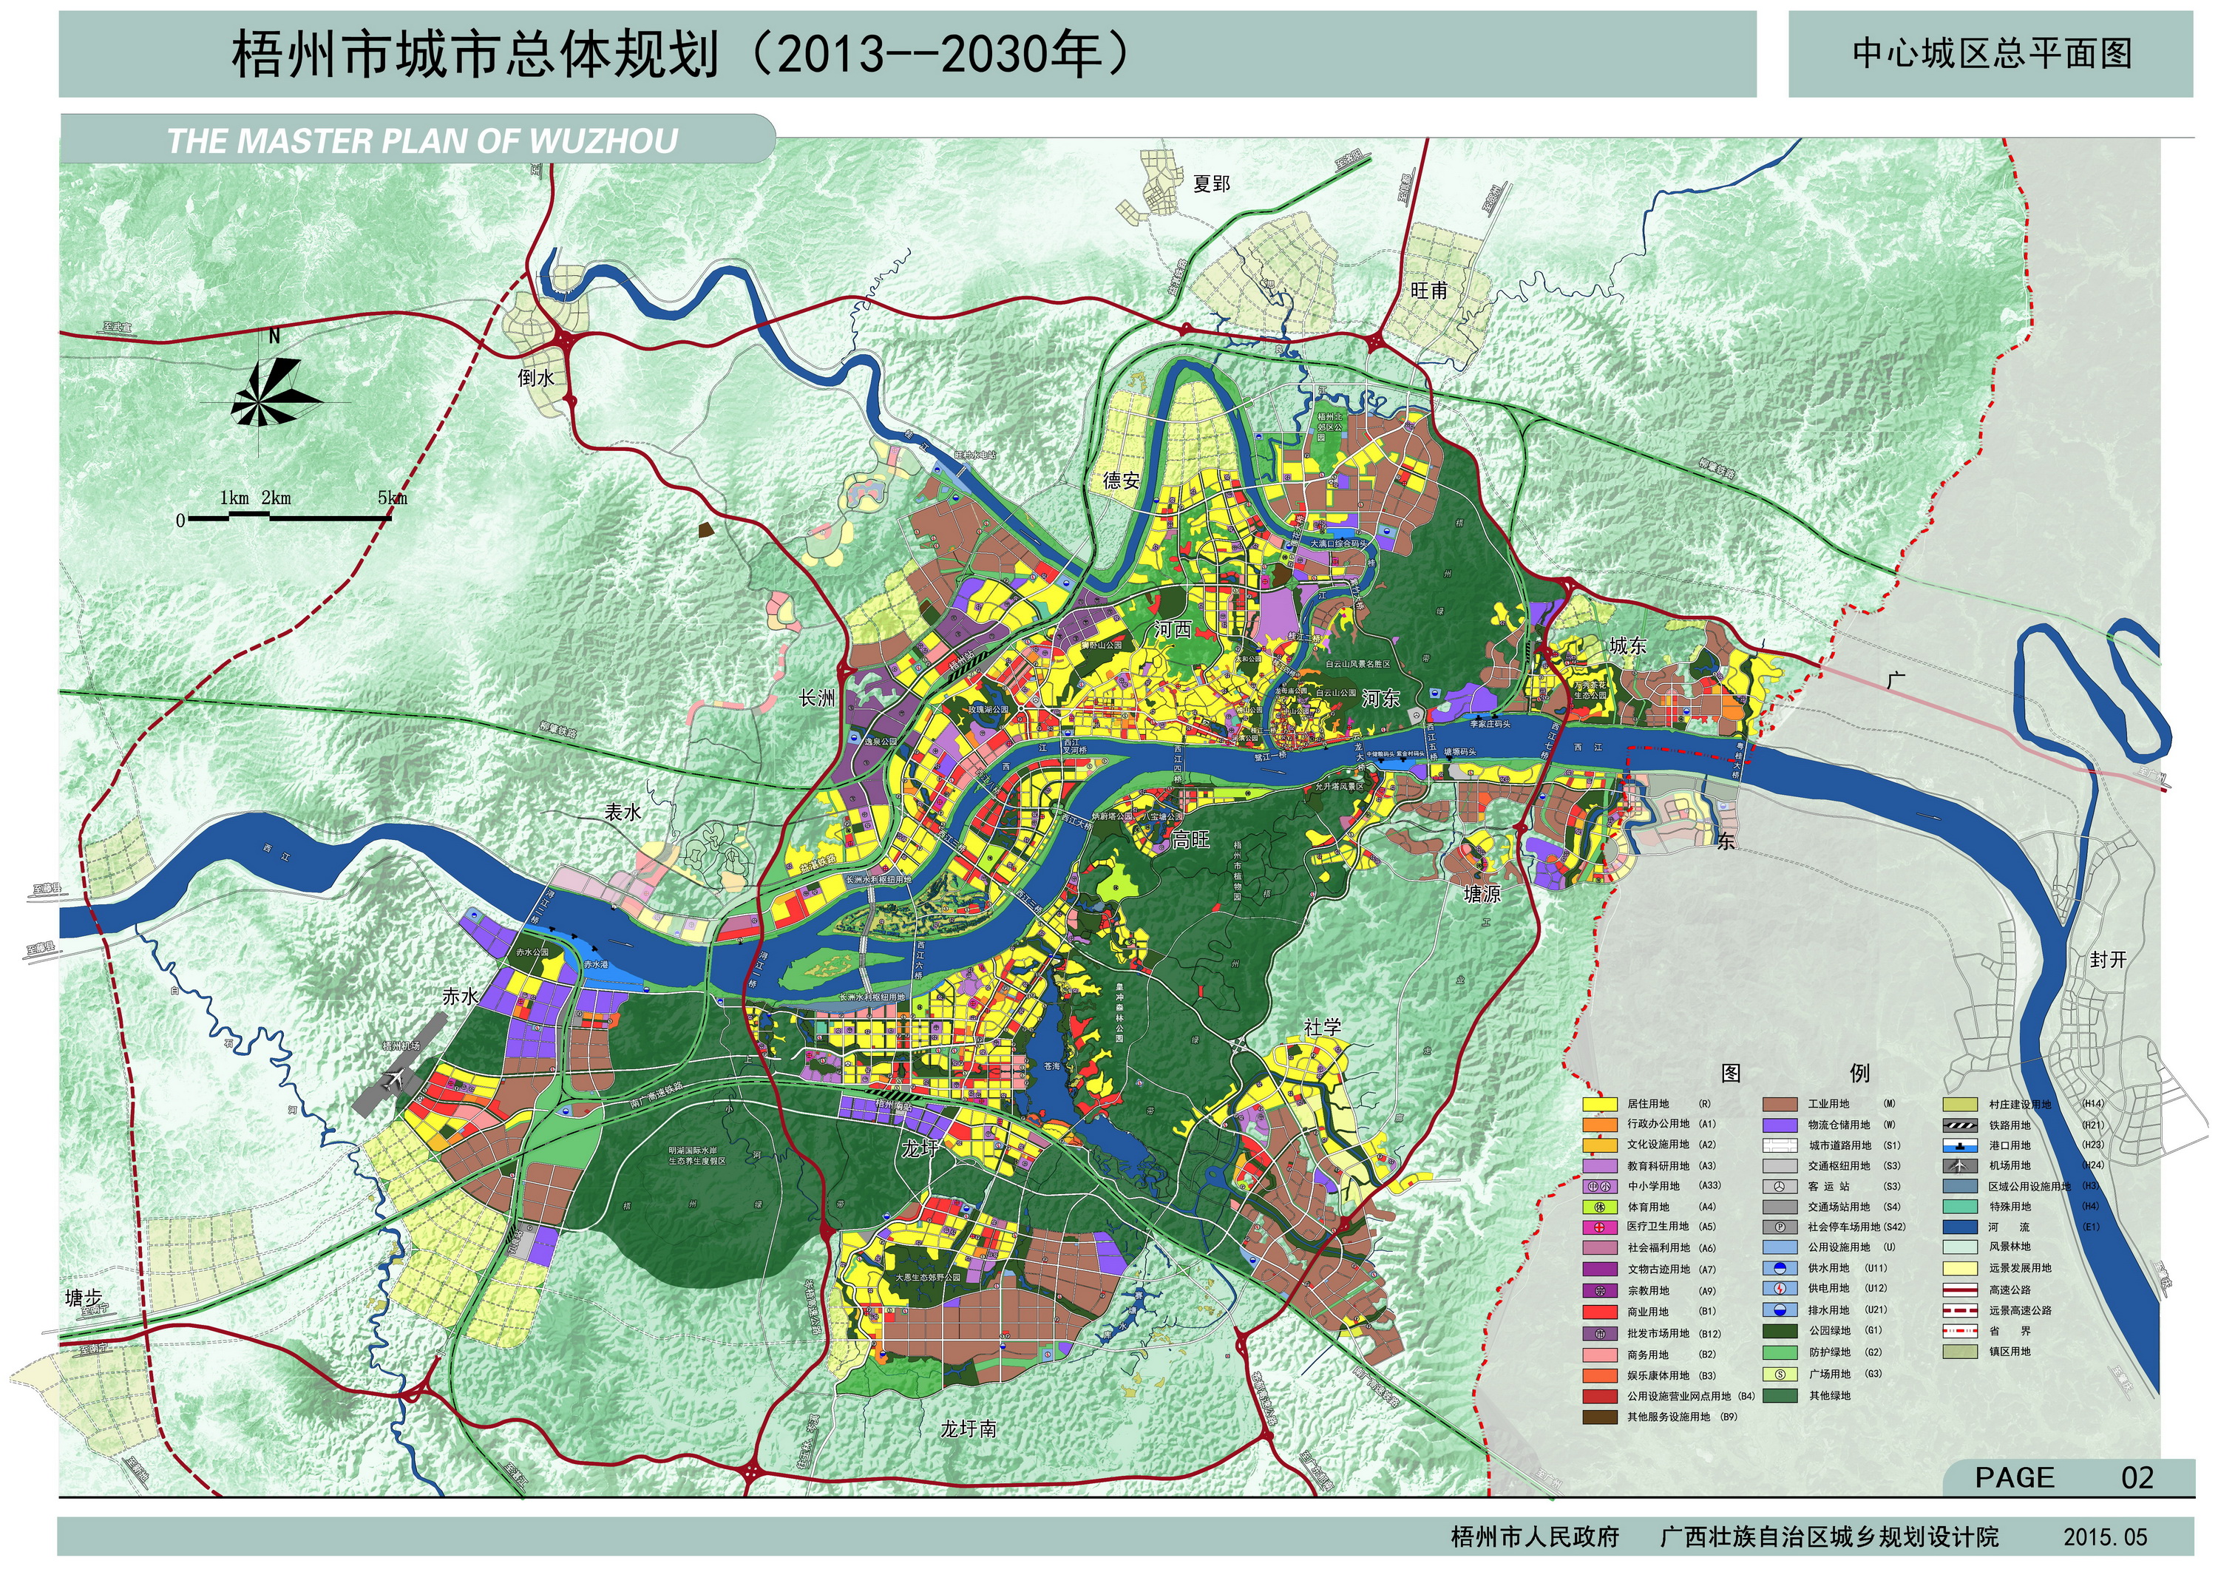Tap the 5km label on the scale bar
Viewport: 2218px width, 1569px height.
click(x=392, y=498)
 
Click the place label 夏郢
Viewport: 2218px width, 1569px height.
click(x=1212, y=183)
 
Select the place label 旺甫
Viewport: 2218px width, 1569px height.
click(x=1428, y=290)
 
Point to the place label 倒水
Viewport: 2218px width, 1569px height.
click(x=536, y=378)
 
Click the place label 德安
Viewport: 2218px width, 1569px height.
click(x=1122, y=480)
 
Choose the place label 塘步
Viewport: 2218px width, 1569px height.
click(x=83, y=1298)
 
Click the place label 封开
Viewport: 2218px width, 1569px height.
click(x=2109, y=960)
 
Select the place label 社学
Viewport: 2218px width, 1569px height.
click(x=1323, y=1027)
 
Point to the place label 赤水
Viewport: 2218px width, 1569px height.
click(x=459, y=996)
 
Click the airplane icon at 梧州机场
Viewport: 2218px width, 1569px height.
click(x=395, y=1082)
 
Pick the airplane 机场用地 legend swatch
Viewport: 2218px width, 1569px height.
click(x=1959, y=1166)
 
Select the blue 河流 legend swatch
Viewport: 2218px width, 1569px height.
click(x=1959, y=1227)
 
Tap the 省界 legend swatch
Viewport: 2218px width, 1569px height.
click(x=1959, y=1330)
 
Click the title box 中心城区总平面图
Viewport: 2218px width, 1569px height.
click(x=1992, y=54)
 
